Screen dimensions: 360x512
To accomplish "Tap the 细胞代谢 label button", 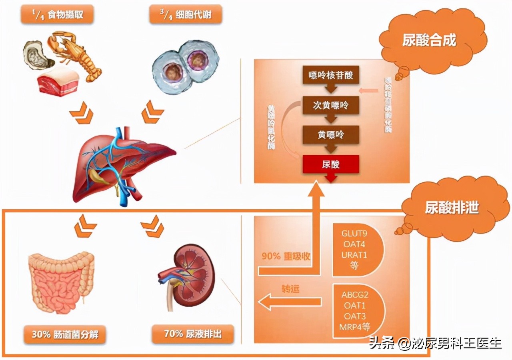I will [x=186, y=15].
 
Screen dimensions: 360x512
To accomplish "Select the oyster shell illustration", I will [x=38, y=54].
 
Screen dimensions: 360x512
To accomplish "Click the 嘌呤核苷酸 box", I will [x=331, y=75].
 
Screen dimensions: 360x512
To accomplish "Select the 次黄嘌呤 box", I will [x=331, y=105].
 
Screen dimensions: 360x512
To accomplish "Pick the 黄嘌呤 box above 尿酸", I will [x=331, y=135].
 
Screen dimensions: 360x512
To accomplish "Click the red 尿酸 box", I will [x=331, y=164].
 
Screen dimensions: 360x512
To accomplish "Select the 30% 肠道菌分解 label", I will [x=65, y=334].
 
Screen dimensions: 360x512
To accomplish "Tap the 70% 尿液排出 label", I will [x=193, y=334].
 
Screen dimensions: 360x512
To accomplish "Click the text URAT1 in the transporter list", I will [x=354, y=255].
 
